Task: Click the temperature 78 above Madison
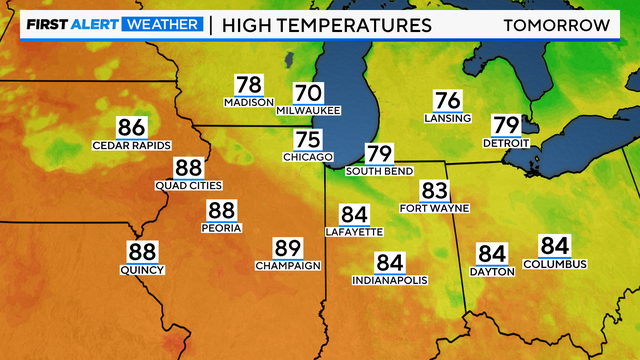pyautogui.click(x=249, y=85)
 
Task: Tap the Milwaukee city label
pyautogui.click(x=308, y=110)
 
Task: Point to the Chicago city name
pyautogui.click(x=307, y=157)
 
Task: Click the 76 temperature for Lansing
pyautogui.click(x=447, y=101)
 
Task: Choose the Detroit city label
pyautogui.click(x=505, y=143)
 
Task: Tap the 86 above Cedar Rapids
pyautogui.click(x=132, y=128)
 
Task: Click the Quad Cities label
pyautogui.click(x=188, y=185)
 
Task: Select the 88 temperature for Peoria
pyautogui.click(x=221, y=211)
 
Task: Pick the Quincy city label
pyautogui.click(x=142, y=269)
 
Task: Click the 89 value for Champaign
pyautogui.click(x=288, y=248)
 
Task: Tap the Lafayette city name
pyautogui.click(x=354, y=231)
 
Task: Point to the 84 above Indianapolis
pyautogui.click(x=389, y=263)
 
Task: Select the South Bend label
pyautogui.click(x=378, y=171)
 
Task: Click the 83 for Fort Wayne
pyautogui.click(x=434, y=191)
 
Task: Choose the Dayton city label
pyautogui.click(x=492, y=271)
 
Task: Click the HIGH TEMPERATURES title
pyautogui.click(x=326, y=23)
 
